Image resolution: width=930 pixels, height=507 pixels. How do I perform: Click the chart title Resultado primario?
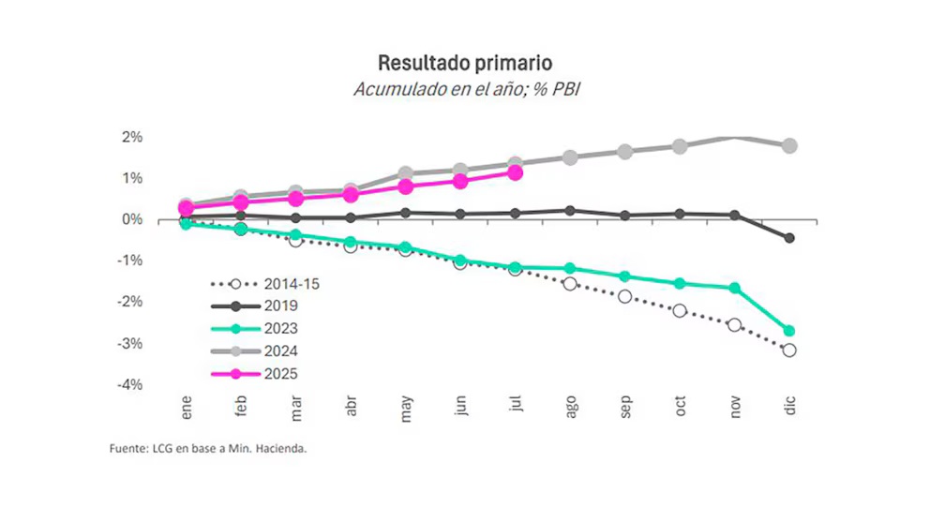(464, 63)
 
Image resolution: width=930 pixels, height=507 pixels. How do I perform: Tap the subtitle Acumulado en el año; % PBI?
(464, 90)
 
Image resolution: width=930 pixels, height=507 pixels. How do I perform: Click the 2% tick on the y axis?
(130, 137)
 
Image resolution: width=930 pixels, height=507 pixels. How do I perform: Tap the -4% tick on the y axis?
(128, 385)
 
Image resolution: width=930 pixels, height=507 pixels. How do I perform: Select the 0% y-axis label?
(130, 219)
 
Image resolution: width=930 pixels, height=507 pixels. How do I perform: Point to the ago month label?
(571, 410)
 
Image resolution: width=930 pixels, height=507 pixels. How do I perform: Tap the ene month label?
(186, 410)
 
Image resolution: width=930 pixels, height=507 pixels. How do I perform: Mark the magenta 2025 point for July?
(515, 172)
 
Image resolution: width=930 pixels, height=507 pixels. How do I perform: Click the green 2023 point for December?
(789, 331)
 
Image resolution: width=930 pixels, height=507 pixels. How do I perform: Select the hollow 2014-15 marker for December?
(789, 350)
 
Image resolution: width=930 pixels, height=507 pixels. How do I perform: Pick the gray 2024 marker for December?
(789, 145)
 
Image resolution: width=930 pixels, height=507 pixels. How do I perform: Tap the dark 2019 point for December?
(789, 238)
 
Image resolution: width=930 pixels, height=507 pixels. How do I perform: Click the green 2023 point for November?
(735, 288)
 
